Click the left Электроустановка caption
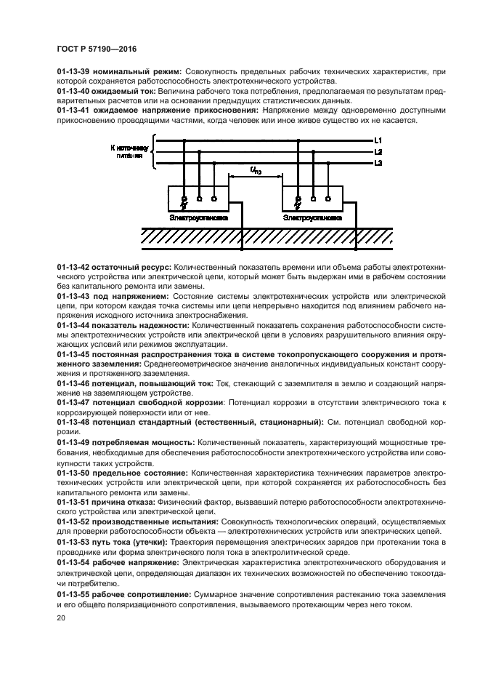click(x=198, y=217)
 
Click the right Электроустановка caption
click(x=312, y=217)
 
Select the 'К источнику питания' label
click(x=129, y=151)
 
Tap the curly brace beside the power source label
click(x=153, y=151)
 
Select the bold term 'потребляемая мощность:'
click(x=143, y=441)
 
